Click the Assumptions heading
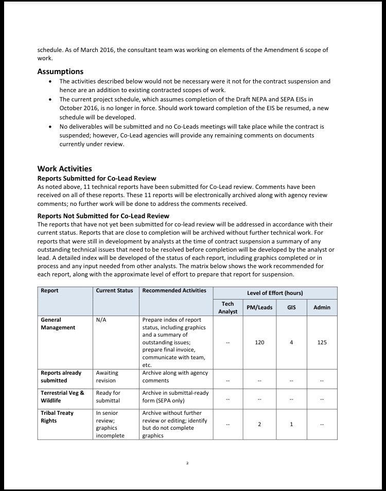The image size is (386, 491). [60, 72]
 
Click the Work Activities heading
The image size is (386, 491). [64, 169]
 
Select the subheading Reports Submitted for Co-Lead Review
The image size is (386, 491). [97, 179]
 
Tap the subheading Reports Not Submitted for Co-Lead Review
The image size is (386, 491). [103, 216]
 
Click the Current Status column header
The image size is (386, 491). [114, 291]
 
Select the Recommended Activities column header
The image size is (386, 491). [174, 291]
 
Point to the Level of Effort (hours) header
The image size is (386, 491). [275, 293]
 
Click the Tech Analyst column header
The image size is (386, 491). [228, 307]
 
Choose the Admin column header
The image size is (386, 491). [322, 307]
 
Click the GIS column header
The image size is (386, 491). [291, 307]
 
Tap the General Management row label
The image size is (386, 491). [58, 323]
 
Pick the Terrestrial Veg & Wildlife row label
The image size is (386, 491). [62, 396]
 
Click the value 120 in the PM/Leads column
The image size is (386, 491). [259, 342]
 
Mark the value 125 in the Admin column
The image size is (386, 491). [322, 342]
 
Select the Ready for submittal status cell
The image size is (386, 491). [108, 396]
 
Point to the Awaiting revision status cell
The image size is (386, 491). [107, 377]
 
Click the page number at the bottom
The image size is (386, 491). [187, 463]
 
